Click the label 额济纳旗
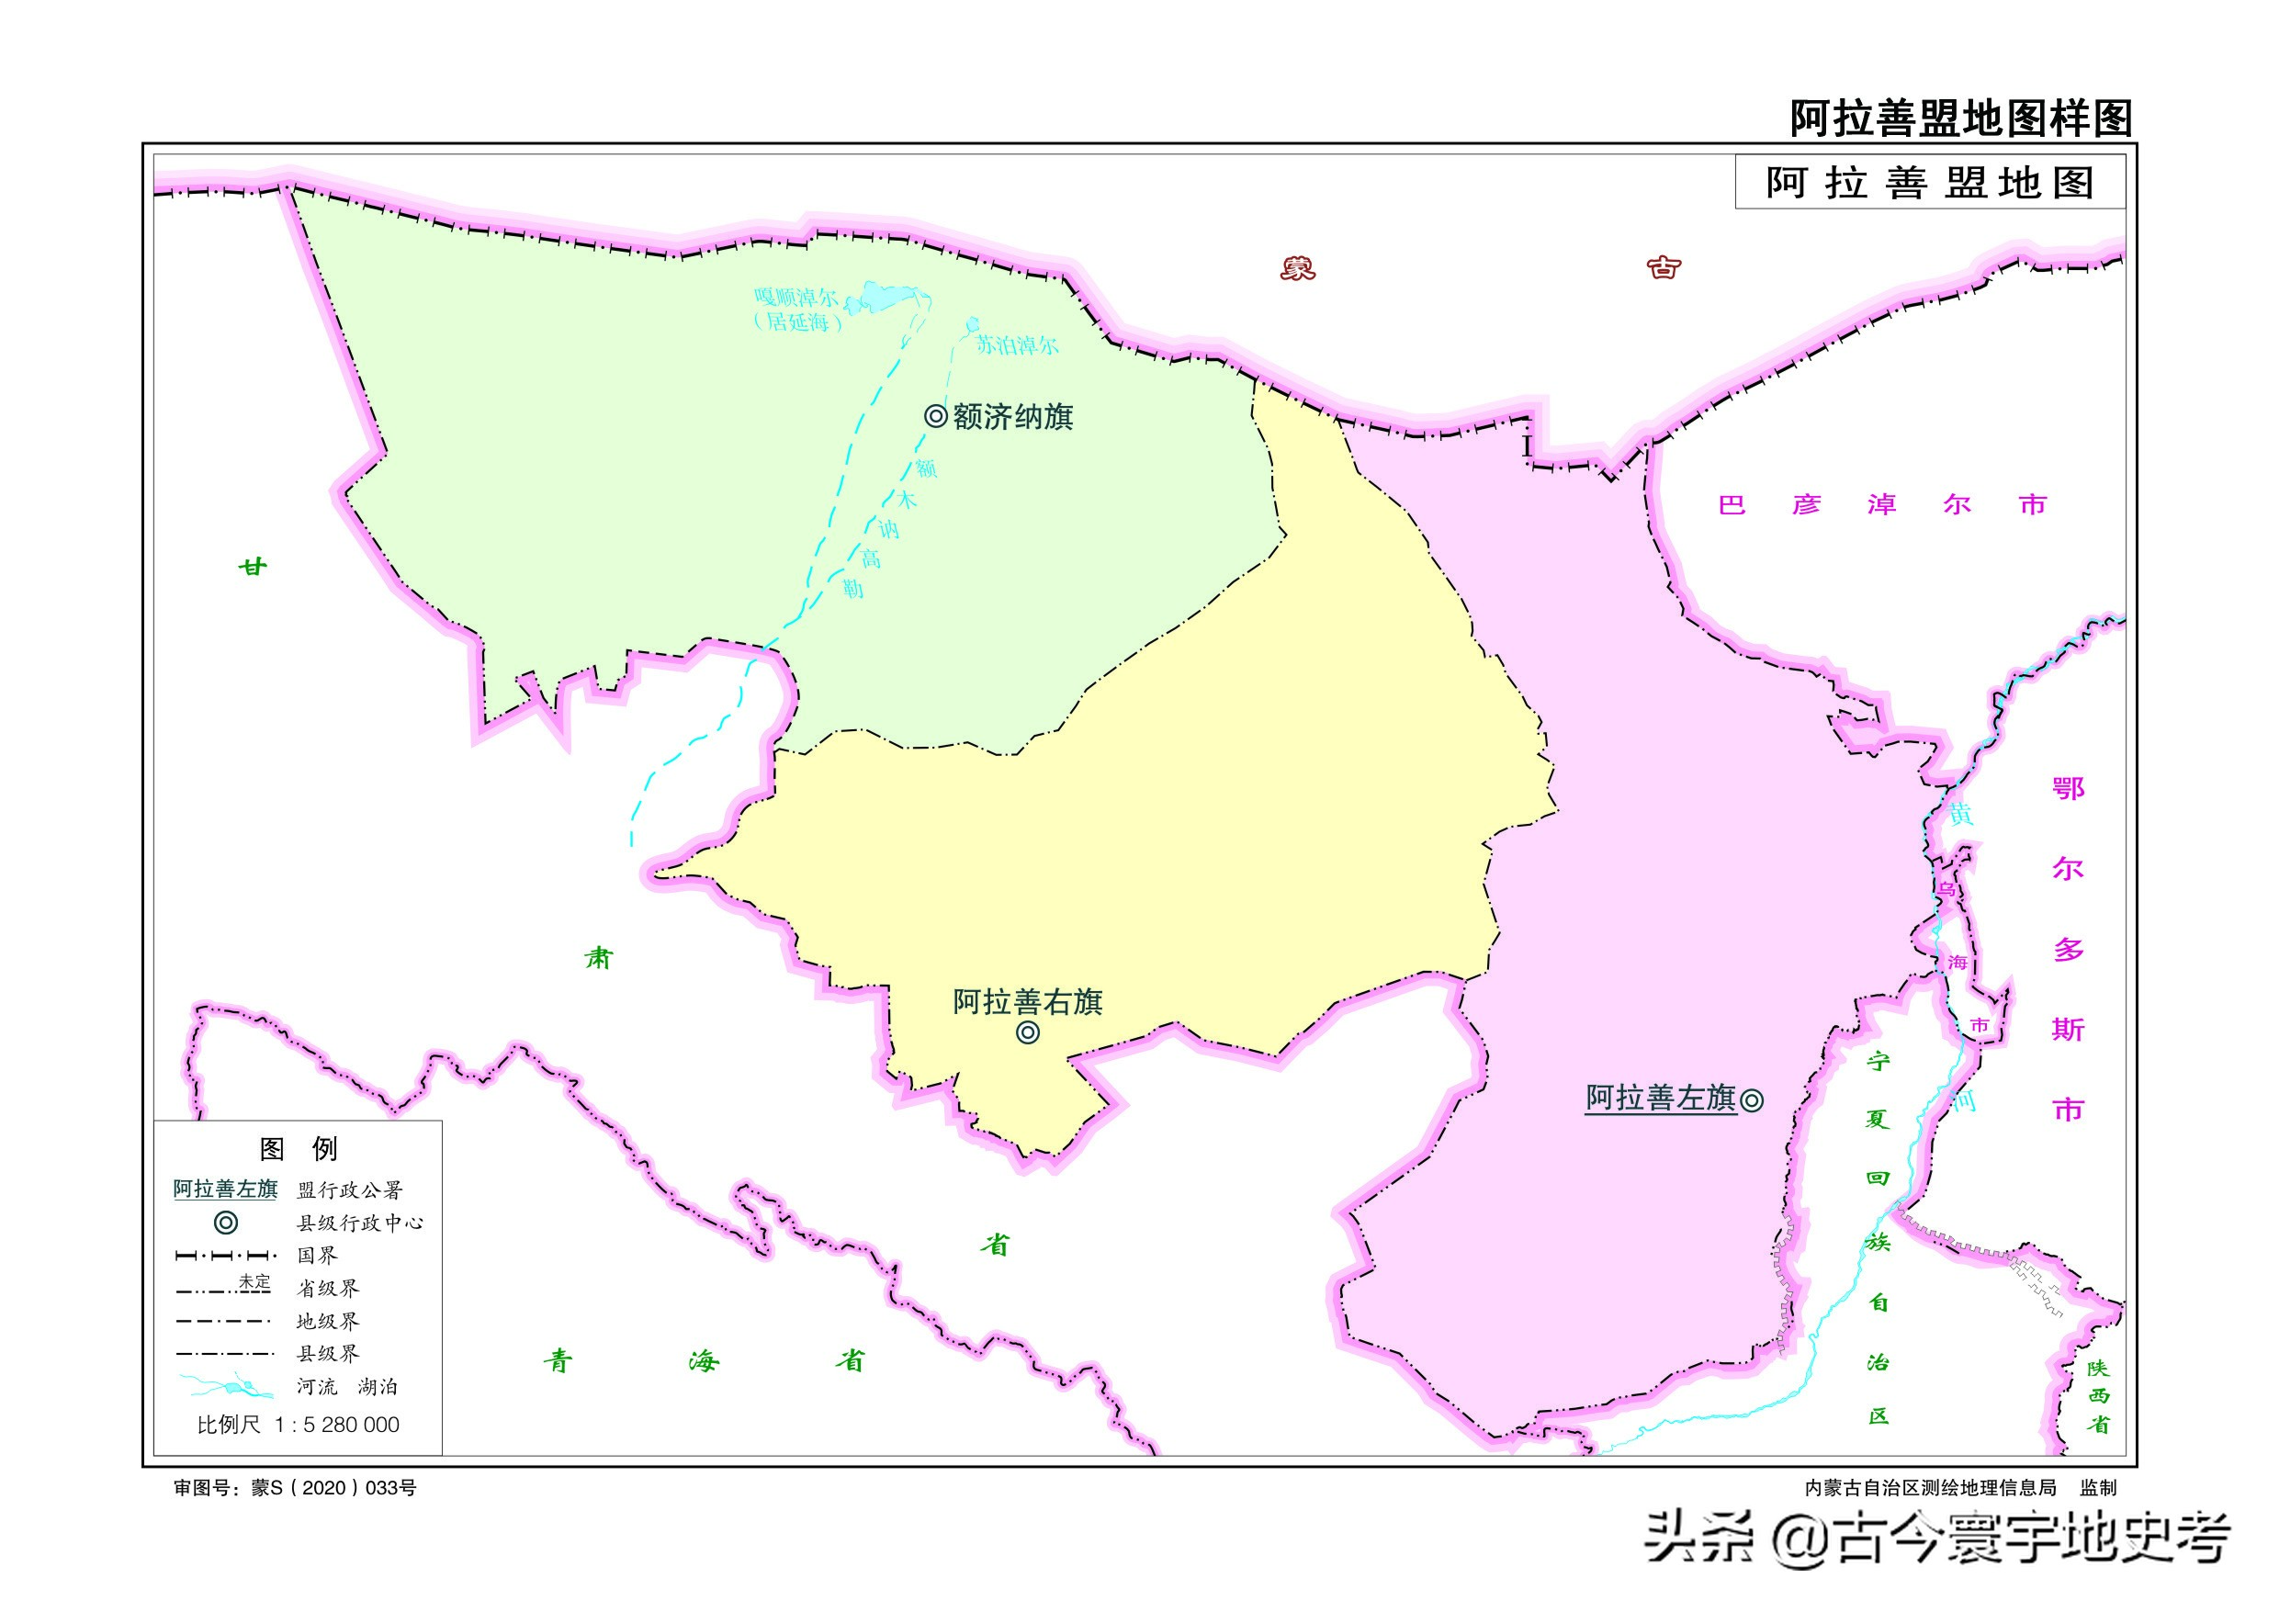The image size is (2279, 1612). [1012, 417]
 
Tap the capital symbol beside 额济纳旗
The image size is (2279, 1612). [935, 416]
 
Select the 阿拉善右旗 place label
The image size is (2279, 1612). [1027, 1002]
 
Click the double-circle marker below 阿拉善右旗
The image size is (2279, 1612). [1028, 1033]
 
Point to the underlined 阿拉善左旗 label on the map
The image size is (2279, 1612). [1661, 1098]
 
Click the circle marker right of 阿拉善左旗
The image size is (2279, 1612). [1752, 1099]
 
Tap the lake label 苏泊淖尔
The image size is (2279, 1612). [1017, 345]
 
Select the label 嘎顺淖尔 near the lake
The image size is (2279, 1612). [796, 297]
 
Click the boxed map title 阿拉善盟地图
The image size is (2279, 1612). [1930, 184]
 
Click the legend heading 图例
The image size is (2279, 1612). [298, 1149]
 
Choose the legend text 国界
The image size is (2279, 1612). [318, 1256]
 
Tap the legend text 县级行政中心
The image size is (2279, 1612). [359, 1223]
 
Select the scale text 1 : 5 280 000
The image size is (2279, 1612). [336, 1426]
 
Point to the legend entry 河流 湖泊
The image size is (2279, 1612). [346, 1387]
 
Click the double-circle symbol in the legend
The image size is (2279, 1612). [226, 1223]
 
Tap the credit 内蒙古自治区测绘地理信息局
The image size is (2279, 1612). [1930, 1488]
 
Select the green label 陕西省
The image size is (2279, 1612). [2097, 1395]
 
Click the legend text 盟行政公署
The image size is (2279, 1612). [349, 1190]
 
